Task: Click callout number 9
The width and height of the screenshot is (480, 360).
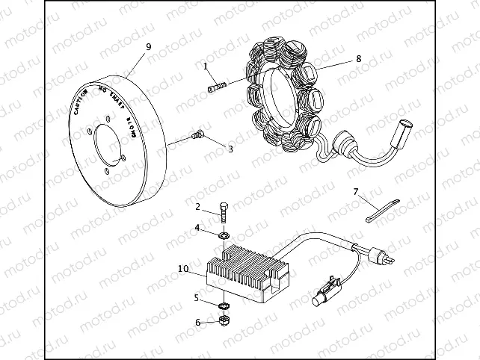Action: pos(148,46)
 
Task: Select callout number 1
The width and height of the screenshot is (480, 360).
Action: pos(205,66)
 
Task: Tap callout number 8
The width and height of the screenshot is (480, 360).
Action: pos(358,58)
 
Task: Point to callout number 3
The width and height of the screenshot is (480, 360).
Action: pos(230,149)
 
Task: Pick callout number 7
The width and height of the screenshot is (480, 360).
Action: pos(356,192)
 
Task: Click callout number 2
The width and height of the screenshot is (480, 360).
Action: pos(197,206)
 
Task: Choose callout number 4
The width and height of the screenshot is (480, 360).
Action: pos(197,227)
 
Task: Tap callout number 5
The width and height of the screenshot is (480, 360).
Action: pos(197,298)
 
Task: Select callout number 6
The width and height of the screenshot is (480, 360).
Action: pos(197,323)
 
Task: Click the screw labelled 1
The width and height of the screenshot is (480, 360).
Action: pos(216,87)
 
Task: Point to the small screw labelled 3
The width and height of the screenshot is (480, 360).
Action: pos(198,135)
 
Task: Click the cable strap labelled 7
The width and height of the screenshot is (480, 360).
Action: pos(386,209)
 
